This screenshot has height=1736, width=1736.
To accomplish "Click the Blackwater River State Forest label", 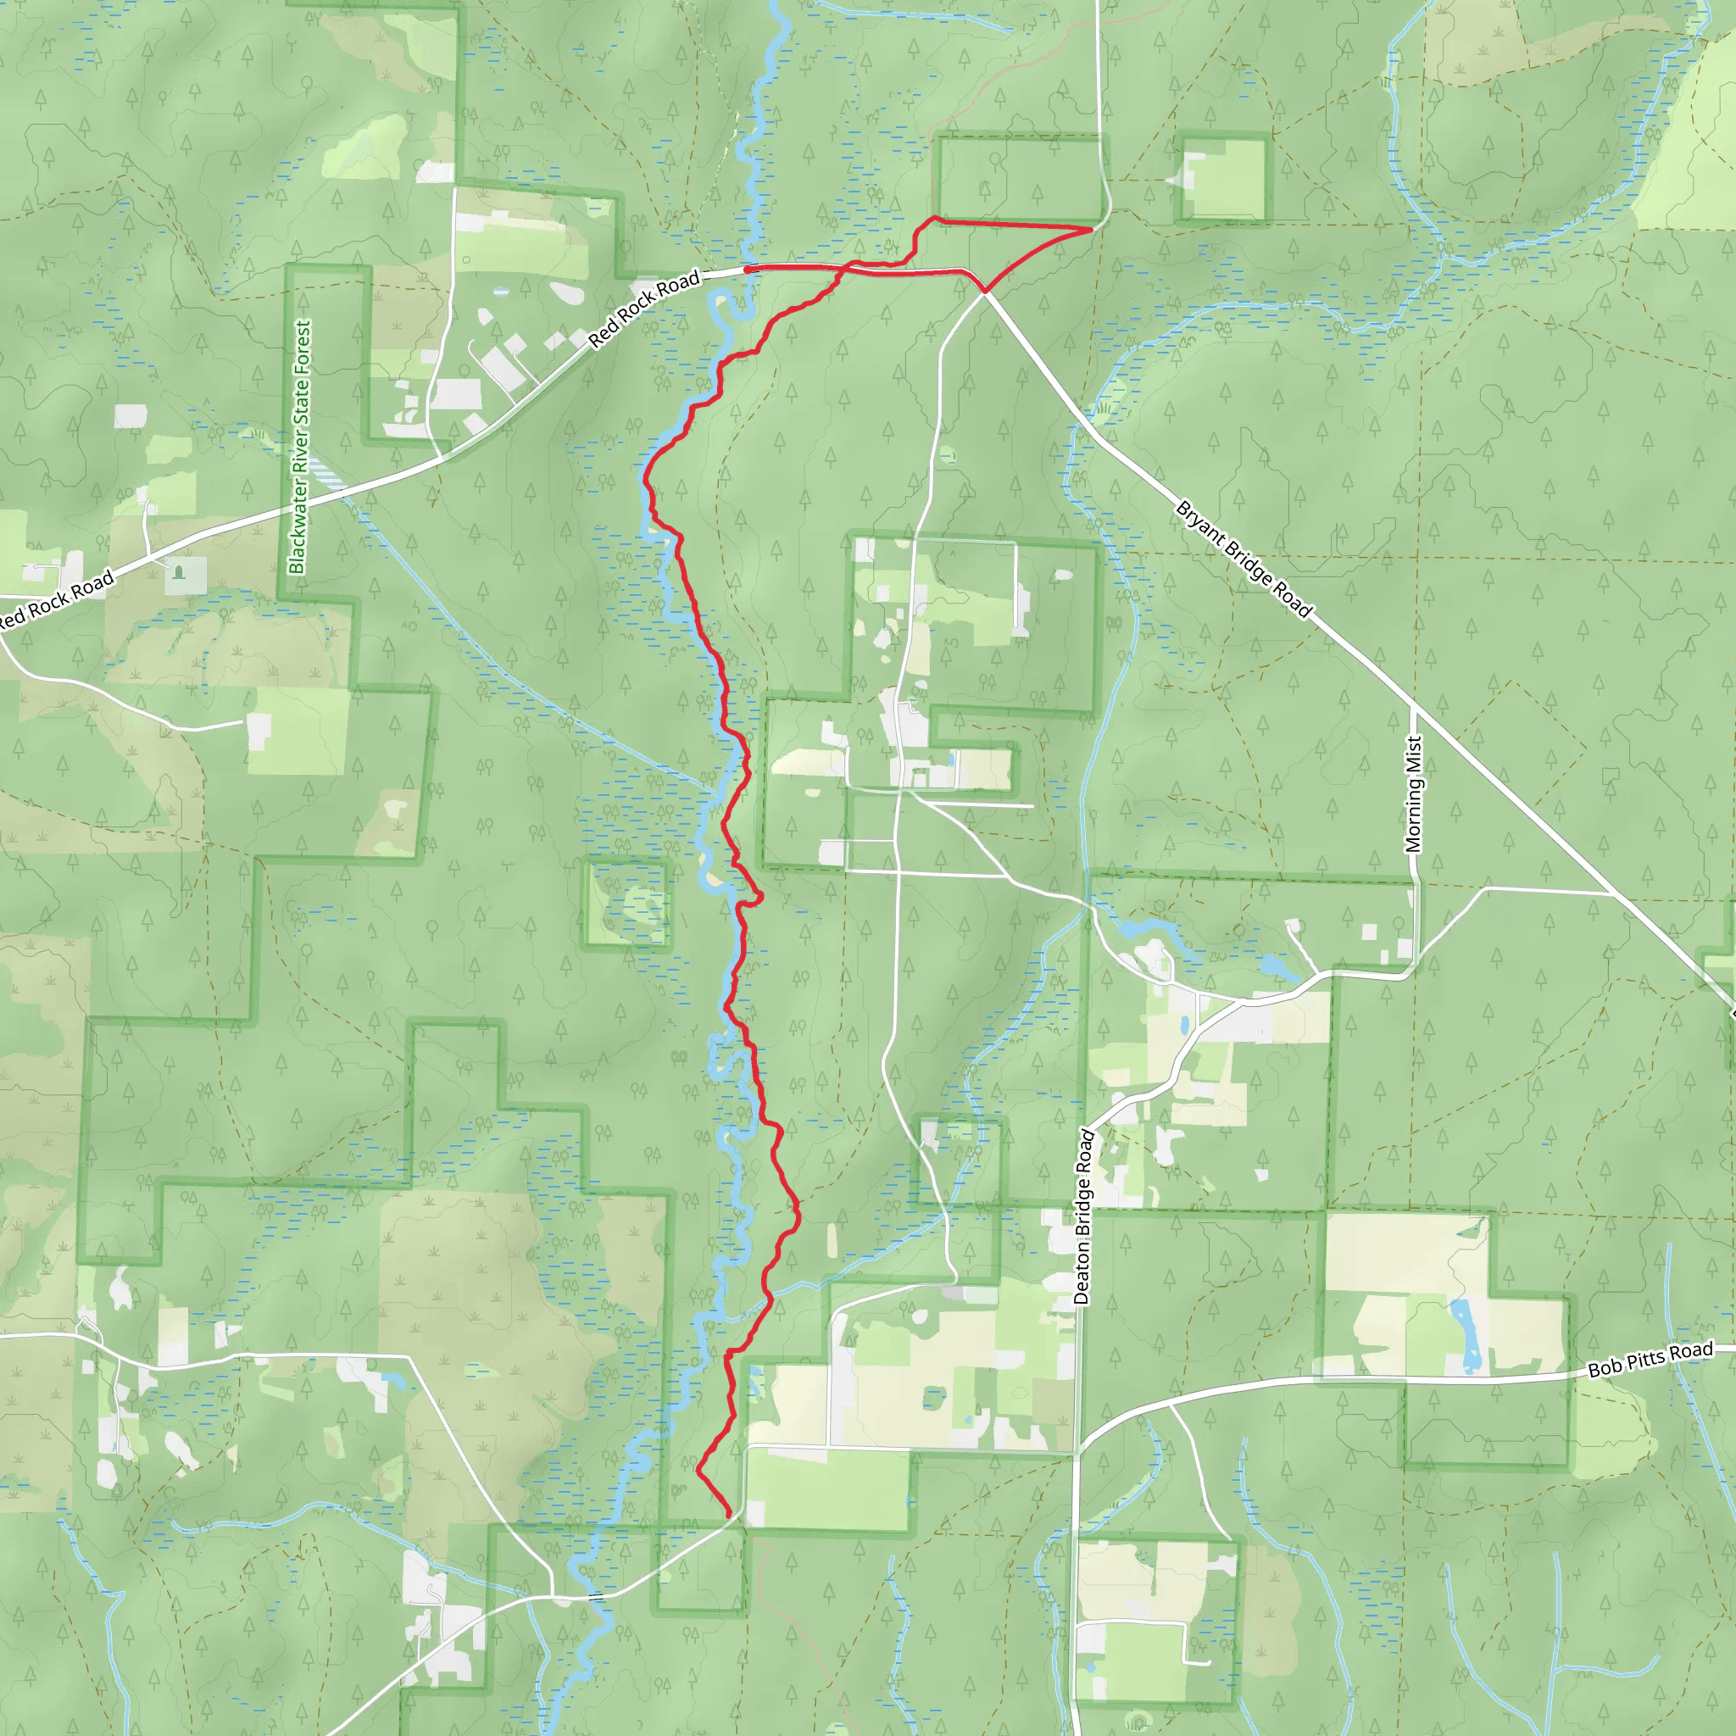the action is coord(300,448).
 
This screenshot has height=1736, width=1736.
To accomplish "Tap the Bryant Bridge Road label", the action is coord(1244,559).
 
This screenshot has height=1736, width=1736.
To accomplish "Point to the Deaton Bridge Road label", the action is coord(1083,1216).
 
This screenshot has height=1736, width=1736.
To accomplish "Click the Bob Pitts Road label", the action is coord(1650,1360).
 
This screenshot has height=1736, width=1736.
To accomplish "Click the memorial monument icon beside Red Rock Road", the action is coord(180,572).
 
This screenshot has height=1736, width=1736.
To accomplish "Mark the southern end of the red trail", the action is coord(729,1516).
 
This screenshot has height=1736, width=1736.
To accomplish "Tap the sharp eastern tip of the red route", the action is coord(1091,230).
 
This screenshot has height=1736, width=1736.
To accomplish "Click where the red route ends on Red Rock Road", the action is coord(748,269).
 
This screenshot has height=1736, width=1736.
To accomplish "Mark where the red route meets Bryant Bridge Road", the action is coord(985,291).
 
